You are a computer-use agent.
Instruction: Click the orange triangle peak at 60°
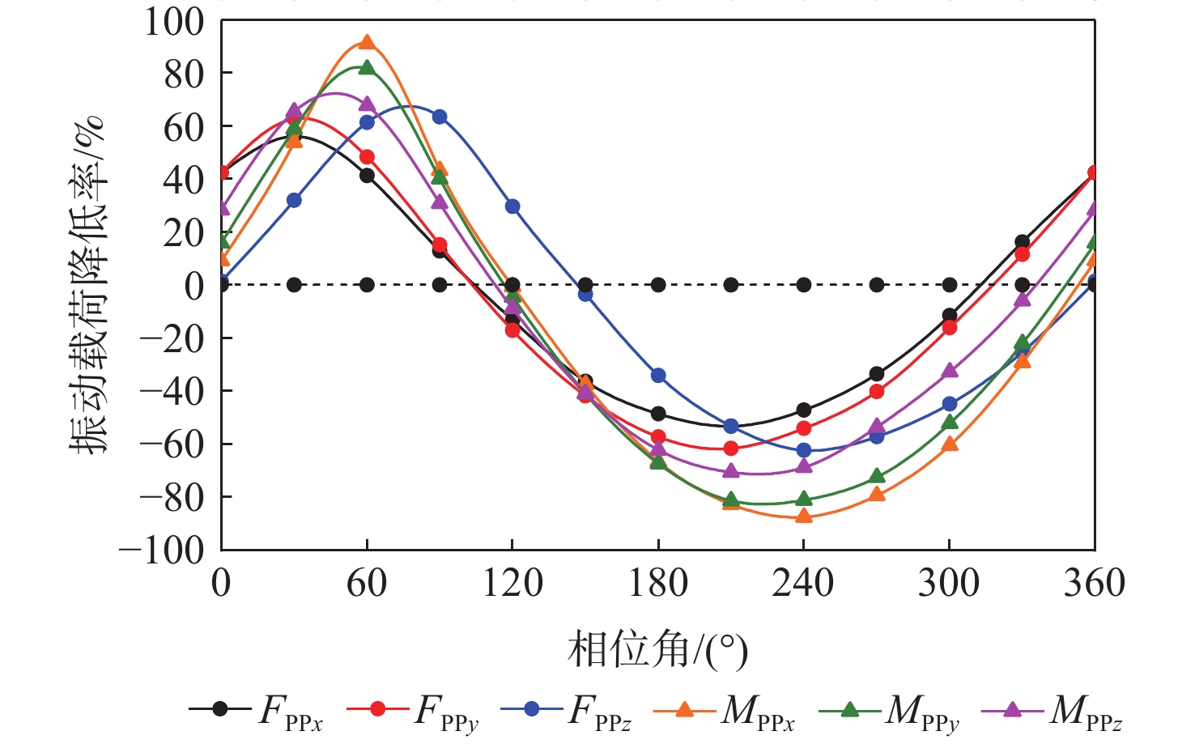(367, 43)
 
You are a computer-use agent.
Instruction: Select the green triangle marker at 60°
(367, 68)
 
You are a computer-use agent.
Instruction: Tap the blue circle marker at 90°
(440, 117)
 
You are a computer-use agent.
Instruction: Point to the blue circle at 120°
(512, 206)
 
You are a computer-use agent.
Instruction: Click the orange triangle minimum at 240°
(804, 515)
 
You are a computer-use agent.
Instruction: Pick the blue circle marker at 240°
(804, 450)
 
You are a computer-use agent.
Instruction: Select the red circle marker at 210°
(731, 448)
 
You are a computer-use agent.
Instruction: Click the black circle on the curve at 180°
(658, 414)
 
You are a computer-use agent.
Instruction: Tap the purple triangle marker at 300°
(950, 371)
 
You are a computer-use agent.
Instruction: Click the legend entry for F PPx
(256, 710)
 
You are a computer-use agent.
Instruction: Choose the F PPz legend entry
(566, 710)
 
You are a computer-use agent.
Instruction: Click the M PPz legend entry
(1053, 710)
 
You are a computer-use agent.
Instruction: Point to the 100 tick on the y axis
(174, 22)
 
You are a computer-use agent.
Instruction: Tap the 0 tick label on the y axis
(193, 286)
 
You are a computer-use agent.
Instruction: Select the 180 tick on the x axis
(658, 583)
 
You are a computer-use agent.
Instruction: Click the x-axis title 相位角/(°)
(657, 649)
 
